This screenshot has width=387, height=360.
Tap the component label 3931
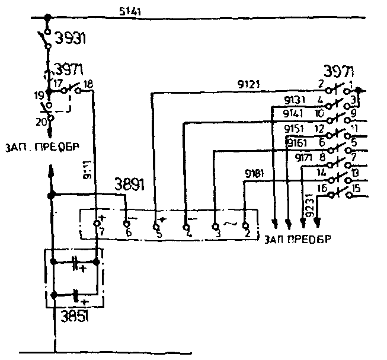tap(71, 40)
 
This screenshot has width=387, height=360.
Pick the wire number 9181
tap(255, 174)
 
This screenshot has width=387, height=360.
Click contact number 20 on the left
tap(41, 123)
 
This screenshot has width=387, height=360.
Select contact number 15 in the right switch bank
tap(356, 189)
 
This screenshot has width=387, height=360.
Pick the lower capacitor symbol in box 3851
tap(75, 294)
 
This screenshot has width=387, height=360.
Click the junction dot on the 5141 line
tap(48, 18)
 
